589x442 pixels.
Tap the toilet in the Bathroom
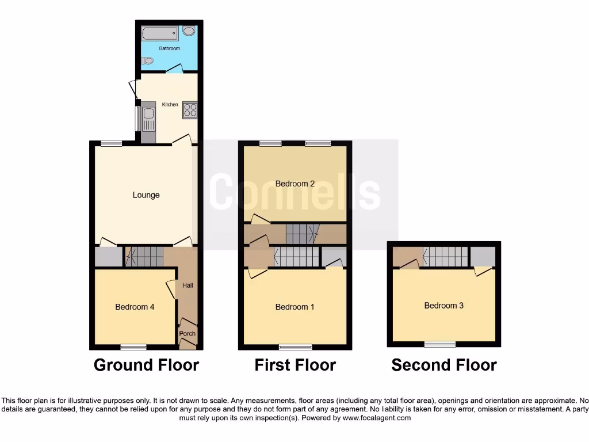point(148,60)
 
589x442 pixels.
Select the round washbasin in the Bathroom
point(189,32)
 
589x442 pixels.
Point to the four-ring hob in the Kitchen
point(190,109)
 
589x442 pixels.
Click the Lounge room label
point(146,195)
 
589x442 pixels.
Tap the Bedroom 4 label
point(135,307)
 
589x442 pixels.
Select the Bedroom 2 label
point(295,184)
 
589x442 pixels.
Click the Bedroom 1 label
point(295,307)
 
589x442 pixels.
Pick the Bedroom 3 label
point(444,306)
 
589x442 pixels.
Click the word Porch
point(188,333)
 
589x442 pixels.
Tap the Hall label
point(188,285)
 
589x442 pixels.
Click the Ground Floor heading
point(146,365)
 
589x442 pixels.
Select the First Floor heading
point(295,365)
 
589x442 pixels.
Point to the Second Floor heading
point(444,365)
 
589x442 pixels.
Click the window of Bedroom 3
point(440,344)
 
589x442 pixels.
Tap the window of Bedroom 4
point(133,346)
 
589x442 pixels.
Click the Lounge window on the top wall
point(112,143)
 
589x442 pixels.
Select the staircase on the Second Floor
point(446,257)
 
